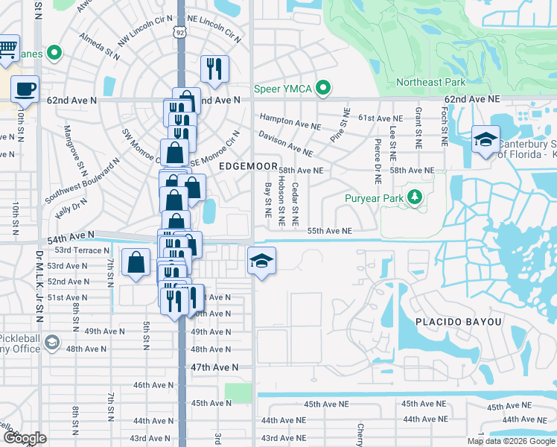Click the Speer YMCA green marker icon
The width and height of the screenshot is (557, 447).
point(322,88)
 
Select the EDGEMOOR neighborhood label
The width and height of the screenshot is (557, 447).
point(248,167)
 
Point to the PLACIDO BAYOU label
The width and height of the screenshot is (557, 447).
point(457,321)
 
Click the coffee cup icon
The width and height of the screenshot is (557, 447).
point(25,89)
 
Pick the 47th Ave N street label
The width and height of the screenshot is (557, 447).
point(214,367)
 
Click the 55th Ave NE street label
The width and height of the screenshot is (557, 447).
point(329,232)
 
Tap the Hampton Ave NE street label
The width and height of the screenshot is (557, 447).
point(289,118)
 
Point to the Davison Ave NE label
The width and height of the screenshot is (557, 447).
point(285,143)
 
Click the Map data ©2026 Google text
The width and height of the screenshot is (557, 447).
point(511,441)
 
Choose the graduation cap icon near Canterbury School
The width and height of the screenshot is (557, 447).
point(485,140)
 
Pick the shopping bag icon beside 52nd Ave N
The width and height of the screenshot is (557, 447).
point(136,262)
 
